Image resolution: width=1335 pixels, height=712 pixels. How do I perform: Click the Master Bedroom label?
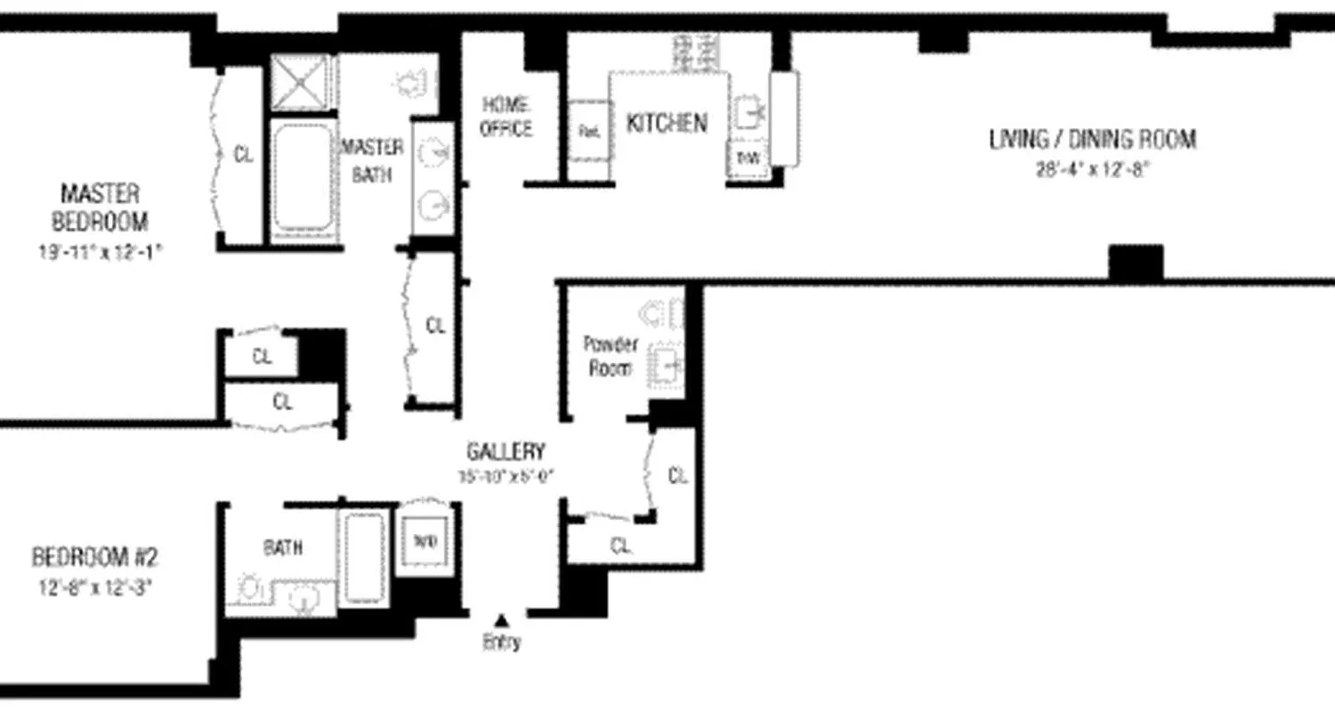(x=100, y=206)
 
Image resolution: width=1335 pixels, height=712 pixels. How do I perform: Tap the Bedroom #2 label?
(x=94, y=558)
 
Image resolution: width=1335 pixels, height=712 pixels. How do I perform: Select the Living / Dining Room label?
(x=1092, y=140)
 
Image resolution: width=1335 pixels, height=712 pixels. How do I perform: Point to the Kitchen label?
(x=667, y=123)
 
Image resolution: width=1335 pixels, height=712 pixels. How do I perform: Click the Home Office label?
(x=506, y=117)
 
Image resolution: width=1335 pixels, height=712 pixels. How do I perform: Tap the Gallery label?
(x=506, y=451)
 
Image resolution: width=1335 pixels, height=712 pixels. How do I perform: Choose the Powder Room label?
(x=610, y=355)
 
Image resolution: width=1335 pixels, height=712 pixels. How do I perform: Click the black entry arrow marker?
(x=502, y=620)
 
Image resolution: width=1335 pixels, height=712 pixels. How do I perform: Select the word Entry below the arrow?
(x=502, y=643)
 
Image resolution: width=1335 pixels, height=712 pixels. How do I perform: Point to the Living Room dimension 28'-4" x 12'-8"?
(x=1092, y=170)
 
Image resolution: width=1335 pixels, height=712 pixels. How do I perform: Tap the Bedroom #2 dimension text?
(x=94, y=587)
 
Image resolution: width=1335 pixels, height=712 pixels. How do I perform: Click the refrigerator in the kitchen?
(x=588, y=130)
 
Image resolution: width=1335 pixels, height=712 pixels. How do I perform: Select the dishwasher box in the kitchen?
(x=746, y=159)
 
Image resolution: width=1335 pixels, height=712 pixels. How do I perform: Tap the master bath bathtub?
(x=303, y=178)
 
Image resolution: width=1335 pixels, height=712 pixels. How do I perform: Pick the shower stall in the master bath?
(x=302, y=82)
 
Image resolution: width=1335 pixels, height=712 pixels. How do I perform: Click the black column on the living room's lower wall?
(x=1136, y=263)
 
